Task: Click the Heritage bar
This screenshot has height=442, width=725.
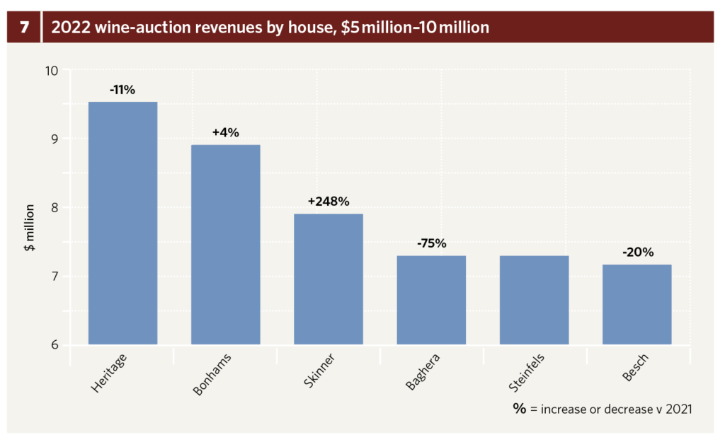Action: click(x=122, y=223)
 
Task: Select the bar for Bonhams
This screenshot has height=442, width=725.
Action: click(x=225, y=245)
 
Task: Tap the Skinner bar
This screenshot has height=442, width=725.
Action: click(x=329, y=279)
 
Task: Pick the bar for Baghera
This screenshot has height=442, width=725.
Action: click(x=431, y=300)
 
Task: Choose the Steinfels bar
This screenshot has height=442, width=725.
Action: click(x=534, y=300)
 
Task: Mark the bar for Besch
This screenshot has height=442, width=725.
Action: click(x=636, y=304)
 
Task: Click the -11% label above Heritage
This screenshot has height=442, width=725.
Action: click(x=122, y=91)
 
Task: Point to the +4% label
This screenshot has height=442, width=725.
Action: click(x=225, y=132)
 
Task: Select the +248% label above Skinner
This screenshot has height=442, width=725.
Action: click(x=329, y=202)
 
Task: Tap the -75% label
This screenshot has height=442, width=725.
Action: click(x=431, y=243)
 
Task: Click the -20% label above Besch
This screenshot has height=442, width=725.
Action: click(x=636, y=252)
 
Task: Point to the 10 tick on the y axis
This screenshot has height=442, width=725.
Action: click(x=52, y=70)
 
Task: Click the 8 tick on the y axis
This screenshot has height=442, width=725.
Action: click(x=55, y=208)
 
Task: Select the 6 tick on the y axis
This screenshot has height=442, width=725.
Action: click(x=55, y=346)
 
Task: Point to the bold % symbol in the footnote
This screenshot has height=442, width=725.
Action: click(x=520, y=408)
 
